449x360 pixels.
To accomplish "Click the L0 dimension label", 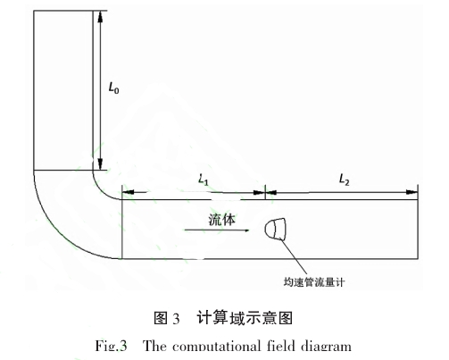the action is [113, 88].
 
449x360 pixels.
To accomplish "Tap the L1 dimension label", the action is [204, 180].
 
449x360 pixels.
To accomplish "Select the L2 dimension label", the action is [345, 180].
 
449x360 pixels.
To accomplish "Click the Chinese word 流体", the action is [221, 220].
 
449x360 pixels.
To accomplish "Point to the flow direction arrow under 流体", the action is [217, 230].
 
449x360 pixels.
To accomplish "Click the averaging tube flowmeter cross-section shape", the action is [275, 229].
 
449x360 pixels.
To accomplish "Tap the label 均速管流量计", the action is [314, 281].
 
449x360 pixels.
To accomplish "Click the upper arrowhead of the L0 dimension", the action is [100, 17].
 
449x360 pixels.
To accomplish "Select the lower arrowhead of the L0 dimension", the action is [100, 163].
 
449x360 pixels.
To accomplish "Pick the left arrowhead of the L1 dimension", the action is [128, 192].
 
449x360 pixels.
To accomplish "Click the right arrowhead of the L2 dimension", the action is [412, 192].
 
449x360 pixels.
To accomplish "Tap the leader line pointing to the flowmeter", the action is [294, 256].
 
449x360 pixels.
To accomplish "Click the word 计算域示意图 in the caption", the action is [245, 318].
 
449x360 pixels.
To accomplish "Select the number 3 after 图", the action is [176, 319].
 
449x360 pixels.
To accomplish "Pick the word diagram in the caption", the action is [326, 347].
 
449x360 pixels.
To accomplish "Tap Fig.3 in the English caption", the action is [112, 347].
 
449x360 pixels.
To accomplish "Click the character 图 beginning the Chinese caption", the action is [161, 318].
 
